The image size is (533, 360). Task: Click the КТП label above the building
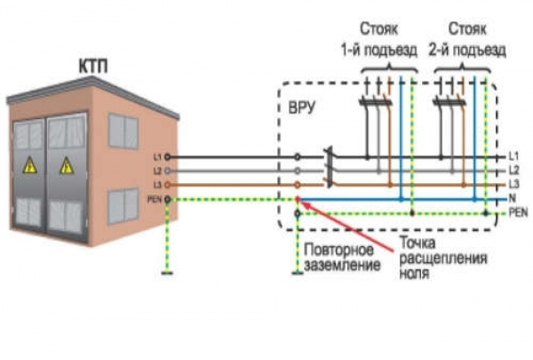click(x=93, y=67)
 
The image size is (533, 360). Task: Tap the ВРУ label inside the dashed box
click(x=301, y=108)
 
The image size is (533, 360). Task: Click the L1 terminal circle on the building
click(x=167, y=157)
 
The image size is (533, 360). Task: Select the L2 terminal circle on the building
click(x=167, y=171)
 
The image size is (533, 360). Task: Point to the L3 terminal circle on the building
click(x=167, y=185)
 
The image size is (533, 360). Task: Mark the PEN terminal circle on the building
click(x=167, y=199)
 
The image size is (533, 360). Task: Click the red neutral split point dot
click(x=298, y=199)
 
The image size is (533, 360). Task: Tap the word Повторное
click(x=338, y=250)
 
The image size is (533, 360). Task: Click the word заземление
click(x=342, y=265)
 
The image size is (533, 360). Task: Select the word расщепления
click(x=443, y=259)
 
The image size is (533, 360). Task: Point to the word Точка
click(x=418, y=243)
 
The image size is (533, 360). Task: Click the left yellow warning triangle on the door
click(x=30, y=165)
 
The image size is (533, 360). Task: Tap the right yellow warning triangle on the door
click(x=66, y=166)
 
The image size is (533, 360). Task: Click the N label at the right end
click(x=512, y=198)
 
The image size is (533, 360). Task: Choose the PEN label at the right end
click(x=519, y=213)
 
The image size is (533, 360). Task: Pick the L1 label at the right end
click(x=513, y=156)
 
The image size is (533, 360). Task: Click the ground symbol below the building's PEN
click(x=167, y=273)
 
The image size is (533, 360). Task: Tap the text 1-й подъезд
click(x=379, y=51)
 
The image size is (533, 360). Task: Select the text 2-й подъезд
click(x=467, y=51)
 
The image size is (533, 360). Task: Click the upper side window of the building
click(x=123, y=132)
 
